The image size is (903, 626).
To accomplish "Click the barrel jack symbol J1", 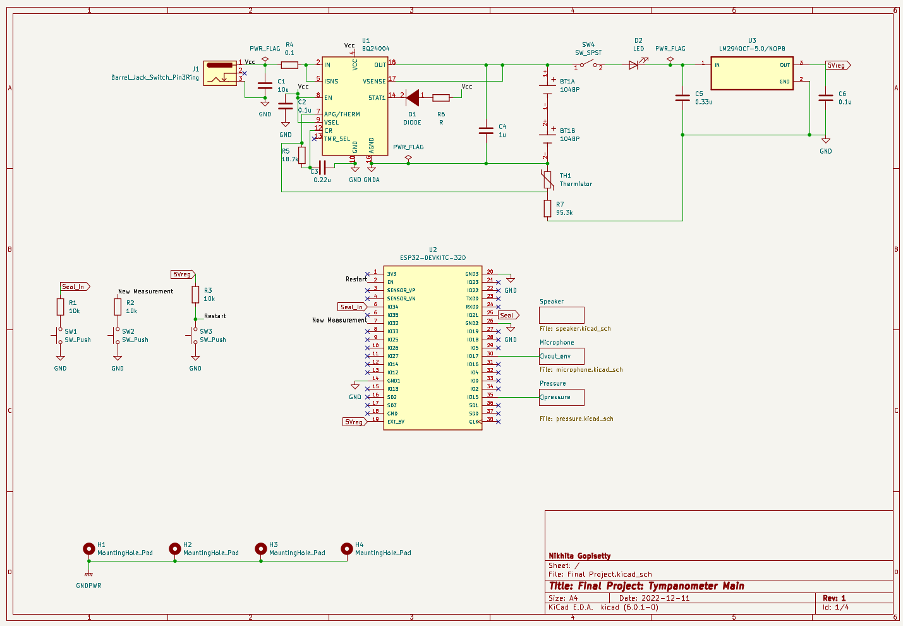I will pos(220,73).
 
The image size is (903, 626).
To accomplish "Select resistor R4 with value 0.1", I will pos(289,65).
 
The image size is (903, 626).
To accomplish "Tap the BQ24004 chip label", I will pos(375,49).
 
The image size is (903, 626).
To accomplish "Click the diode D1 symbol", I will pos(413,97).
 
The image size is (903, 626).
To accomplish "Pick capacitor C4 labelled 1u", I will pos(486,130).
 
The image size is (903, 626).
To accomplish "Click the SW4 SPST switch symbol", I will pos(588,65).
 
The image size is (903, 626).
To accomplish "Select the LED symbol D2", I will pos(634,64).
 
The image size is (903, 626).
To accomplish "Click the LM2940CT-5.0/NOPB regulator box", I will pos(752,73).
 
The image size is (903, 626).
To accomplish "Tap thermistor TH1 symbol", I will pos(548,180).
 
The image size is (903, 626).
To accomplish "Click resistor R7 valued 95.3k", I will pos(548,209).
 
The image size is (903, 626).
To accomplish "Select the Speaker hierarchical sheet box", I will pos(561,315).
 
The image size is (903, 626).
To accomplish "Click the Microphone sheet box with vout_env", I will pos(561,356).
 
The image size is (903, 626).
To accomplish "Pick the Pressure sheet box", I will pos(561,397).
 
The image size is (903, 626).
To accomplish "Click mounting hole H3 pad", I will pos(260,549).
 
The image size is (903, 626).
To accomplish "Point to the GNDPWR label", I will pos(88,586).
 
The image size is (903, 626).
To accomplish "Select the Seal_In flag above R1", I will pos(75,286).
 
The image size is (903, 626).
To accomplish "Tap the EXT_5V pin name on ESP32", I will pos(396,422).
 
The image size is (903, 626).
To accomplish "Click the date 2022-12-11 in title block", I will pos(665,598).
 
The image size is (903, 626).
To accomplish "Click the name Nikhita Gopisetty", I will pos(579,556).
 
